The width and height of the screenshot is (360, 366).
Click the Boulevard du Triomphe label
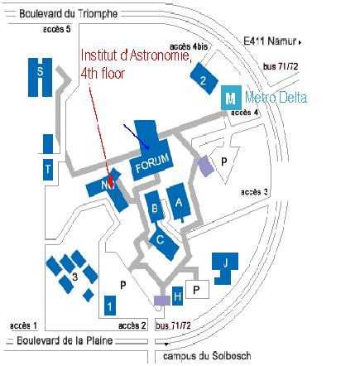(69, 13)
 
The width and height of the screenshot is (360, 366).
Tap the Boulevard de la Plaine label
(65, 340)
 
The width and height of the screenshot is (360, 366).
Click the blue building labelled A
(179, 202)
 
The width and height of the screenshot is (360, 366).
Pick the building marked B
(155, 207)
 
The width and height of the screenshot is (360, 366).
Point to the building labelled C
(164, 243)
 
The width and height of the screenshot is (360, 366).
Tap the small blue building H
(177, 296)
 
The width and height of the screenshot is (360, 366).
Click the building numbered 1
(110, 306)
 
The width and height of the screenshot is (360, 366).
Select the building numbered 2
(204, 79)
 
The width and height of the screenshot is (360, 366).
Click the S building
(40, 77)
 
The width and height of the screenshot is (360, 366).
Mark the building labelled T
(48, 170)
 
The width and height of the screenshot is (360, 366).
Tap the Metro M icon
(231, 98)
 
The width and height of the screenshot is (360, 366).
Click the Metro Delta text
(276, 98)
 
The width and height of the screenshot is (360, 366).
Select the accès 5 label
(57, 29)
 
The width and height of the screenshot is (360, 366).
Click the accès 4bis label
(189, 46)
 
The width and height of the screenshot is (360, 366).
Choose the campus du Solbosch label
(207, 356)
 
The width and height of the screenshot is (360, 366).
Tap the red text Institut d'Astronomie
(136, 55)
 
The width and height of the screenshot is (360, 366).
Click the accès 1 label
(23, 325)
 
